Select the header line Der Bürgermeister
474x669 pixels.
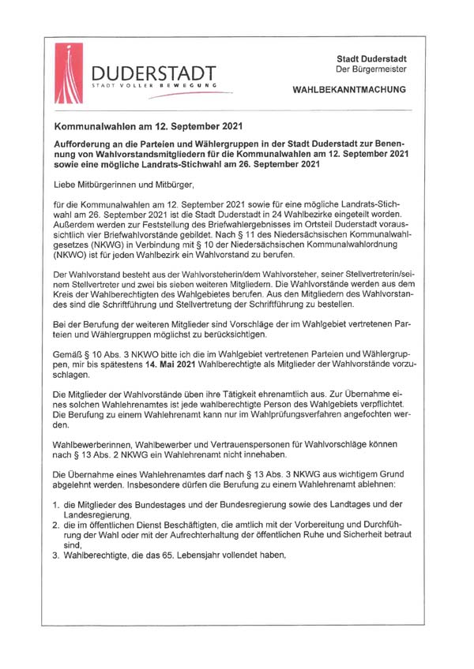click(370, 69)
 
